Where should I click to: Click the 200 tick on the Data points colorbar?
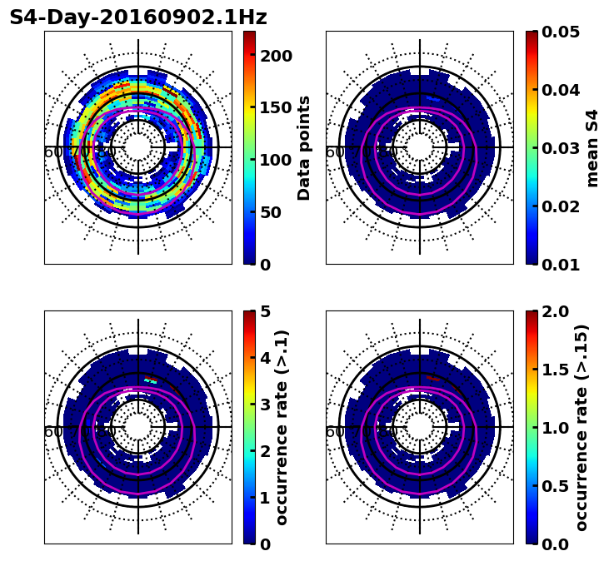coord(276,56)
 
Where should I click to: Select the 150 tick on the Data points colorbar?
coord(276,107)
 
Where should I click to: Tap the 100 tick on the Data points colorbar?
coord(276,160)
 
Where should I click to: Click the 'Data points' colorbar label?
coord(304,147)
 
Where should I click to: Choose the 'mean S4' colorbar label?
coord(592,147)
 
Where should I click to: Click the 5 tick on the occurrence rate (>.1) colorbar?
coord(266,311)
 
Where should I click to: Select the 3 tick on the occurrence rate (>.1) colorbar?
coord(266,405)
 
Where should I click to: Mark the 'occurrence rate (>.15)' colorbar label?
coord(582,427)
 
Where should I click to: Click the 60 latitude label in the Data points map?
coord(52,152)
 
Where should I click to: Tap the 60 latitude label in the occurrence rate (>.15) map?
coord(333,432)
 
